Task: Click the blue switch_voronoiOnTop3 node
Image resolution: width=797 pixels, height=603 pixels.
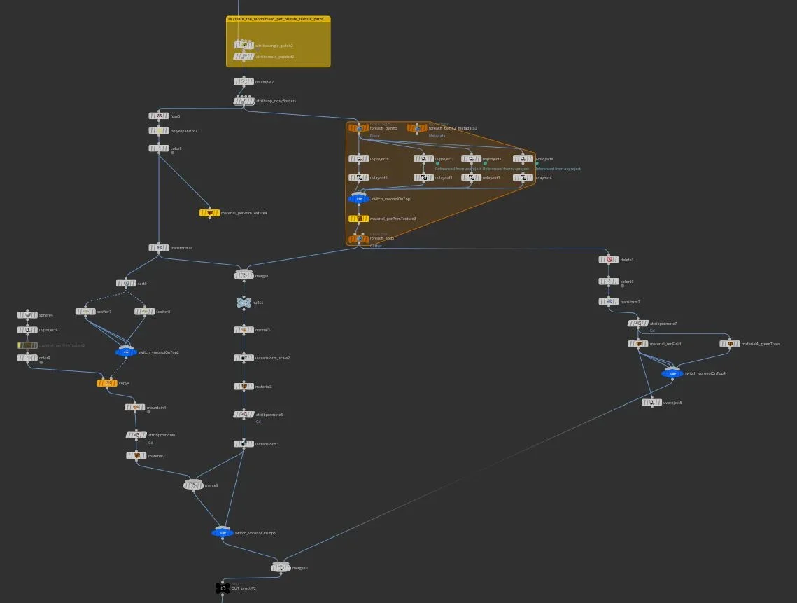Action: click(223, 533)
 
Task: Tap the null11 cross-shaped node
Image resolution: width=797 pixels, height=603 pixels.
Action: click(244, 303)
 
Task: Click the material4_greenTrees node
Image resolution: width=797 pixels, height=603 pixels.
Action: click(730, 344)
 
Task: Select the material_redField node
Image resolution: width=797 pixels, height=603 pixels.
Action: click(638, 344)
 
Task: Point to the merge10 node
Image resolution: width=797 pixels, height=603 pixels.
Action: click(281, 567)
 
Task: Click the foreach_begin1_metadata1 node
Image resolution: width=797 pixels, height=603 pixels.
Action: click(417, 128)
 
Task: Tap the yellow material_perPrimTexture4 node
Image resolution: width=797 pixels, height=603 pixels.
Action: click(209, 212)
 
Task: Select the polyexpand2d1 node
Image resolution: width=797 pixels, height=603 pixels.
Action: click(159, 131)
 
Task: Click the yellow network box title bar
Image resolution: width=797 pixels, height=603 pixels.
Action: click(278, 20)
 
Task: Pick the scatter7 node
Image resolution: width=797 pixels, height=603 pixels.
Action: click(86, 312)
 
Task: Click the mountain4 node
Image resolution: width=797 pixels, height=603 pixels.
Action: click(135, 408)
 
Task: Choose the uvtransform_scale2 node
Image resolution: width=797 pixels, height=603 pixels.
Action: click(244, 358)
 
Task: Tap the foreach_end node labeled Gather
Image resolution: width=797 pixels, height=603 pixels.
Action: click(358, 239)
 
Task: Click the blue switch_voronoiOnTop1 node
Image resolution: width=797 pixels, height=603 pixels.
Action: click(359, 199)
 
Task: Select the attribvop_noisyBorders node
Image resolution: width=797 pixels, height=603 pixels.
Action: click(244, 101)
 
